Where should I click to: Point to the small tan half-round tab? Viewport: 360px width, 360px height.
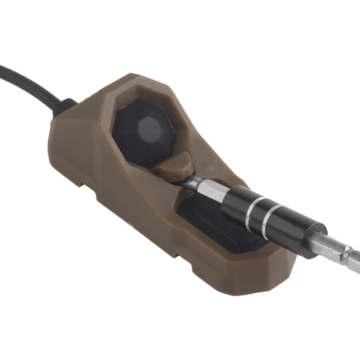pyautogui.click(x=174, y=164)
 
